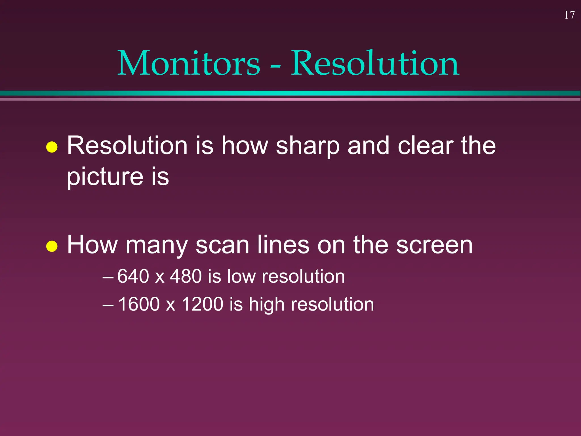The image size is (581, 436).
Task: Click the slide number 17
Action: click(x=569, y=15)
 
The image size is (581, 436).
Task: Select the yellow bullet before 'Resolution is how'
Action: click(x=52, y=147)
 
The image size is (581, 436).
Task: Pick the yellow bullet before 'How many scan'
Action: click(x=52, y=246)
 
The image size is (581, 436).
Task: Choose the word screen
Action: click(x=434, y=245)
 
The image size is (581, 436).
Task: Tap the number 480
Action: click(x=186, y=276)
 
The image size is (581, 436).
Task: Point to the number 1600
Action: click(x=139, y=304)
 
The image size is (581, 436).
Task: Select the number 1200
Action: click(x=203, y=304)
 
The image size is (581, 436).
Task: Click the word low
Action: click(x=241, y=276)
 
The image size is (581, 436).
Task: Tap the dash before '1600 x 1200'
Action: click(x=108, y=305)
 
